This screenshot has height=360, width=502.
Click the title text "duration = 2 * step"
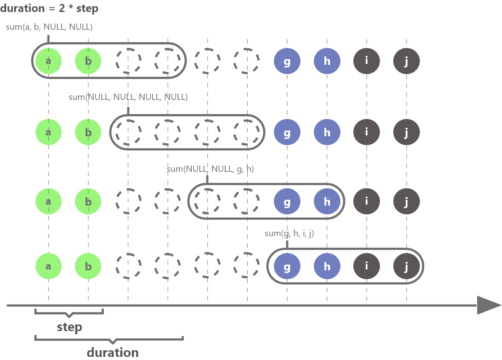click(49, 8)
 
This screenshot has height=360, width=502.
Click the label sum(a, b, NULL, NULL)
click(49, 27)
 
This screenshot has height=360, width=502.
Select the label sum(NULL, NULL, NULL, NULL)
click(128, 97)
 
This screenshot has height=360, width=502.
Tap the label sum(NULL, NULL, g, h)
click(210, 169)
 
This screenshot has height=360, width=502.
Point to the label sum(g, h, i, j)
click(289, 233)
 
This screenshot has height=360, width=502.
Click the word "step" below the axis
click(70, 328)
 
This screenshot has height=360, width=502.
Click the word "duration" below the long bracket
click(113, 353)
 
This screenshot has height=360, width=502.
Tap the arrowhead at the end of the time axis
click(488, 305)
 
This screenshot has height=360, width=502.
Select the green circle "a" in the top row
click(48, 61)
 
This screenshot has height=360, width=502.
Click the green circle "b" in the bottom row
click(88, 266)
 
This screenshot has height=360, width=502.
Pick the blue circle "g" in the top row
click(287, 61)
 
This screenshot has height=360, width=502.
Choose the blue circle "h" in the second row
click(327, 132)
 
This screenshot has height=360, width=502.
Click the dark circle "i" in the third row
click(367, 201)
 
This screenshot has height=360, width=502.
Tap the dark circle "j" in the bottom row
click(406, 266)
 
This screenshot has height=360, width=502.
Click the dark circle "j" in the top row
click(406, 61)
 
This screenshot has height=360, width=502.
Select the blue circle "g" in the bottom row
click(287, 266)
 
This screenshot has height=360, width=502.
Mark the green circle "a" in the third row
click(48, 201)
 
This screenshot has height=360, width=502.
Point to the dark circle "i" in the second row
click(367, 132)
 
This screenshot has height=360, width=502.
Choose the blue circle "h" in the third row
click(327, 201)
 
